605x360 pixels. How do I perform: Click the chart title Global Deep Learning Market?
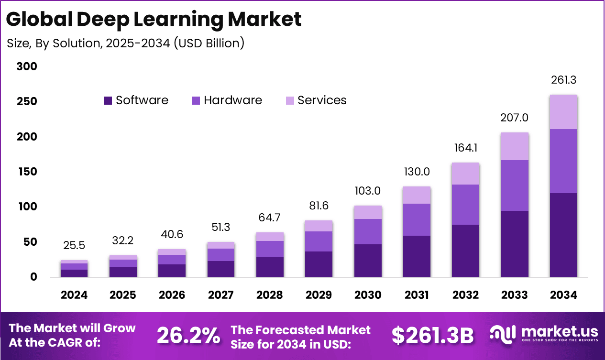tap(154, 20)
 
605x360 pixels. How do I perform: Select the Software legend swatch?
tap(108, 101)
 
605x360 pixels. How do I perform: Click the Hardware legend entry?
tap(227, 100)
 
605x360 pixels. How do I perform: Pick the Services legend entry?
tap(316, 100)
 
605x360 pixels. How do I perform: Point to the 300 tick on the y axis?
tap(27, 66)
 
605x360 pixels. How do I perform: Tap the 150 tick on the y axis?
tap(27, 172)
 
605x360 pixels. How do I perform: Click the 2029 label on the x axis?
tap(319, 295)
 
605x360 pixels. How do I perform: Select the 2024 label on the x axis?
tap(74, 295)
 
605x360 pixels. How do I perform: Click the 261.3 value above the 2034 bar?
tap(563, 80)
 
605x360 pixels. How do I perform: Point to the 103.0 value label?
tap(368, 191)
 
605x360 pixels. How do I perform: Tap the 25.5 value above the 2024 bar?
tap(74, 246)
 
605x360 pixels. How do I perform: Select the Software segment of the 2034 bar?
tap(563, 235)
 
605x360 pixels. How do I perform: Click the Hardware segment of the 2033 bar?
tap(514, 185)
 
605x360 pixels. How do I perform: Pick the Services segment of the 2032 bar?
tap(466, 174)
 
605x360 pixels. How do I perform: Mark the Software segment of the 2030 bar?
tap(368, 261)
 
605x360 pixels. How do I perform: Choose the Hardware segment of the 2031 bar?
tap(417, 219)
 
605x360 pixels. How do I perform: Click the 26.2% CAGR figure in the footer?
tap(188, 336)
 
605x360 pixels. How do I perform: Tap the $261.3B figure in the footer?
tap(432, 336)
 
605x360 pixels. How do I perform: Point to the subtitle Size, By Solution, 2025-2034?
tap(126, 43)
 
